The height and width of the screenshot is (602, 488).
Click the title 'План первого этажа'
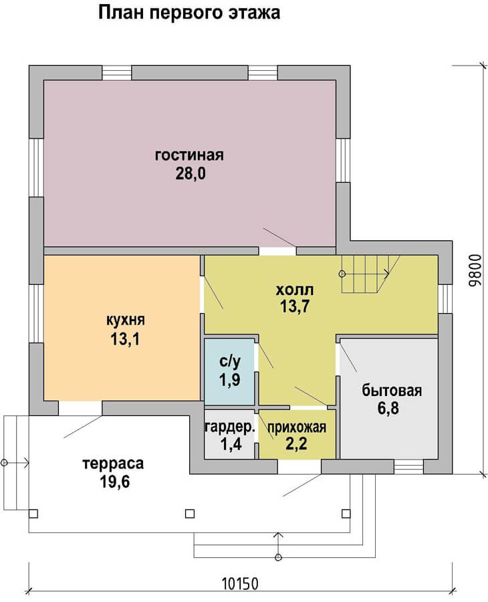click(189, 13)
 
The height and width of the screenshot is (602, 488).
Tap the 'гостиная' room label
click(189, 155)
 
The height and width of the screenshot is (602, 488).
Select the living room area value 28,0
click(191, 173)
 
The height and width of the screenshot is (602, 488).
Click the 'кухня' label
click(126, 320)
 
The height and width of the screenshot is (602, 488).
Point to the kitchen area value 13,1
click(126, 339)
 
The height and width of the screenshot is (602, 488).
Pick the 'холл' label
click(294, 290)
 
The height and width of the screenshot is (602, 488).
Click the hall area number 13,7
click(295, 306)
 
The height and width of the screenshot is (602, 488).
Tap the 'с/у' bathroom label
click(230, 361)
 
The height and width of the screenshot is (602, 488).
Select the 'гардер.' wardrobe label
click(230, 427)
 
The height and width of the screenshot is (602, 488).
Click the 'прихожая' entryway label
click(297, 427)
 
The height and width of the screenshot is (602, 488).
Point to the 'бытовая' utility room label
click(392, 391)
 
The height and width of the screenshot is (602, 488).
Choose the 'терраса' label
click(113, 464)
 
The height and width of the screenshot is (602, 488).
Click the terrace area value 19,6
click(115, 482)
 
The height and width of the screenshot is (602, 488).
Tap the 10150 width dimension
click(241, 584)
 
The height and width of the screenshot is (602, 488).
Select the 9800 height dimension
click(475, 270)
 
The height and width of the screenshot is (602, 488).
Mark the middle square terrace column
click(190, 514)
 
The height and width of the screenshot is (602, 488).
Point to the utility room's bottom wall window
click(408, 467)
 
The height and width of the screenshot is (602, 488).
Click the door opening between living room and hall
click(277, 251)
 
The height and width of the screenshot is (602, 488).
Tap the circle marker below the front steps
click(278, 557)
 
